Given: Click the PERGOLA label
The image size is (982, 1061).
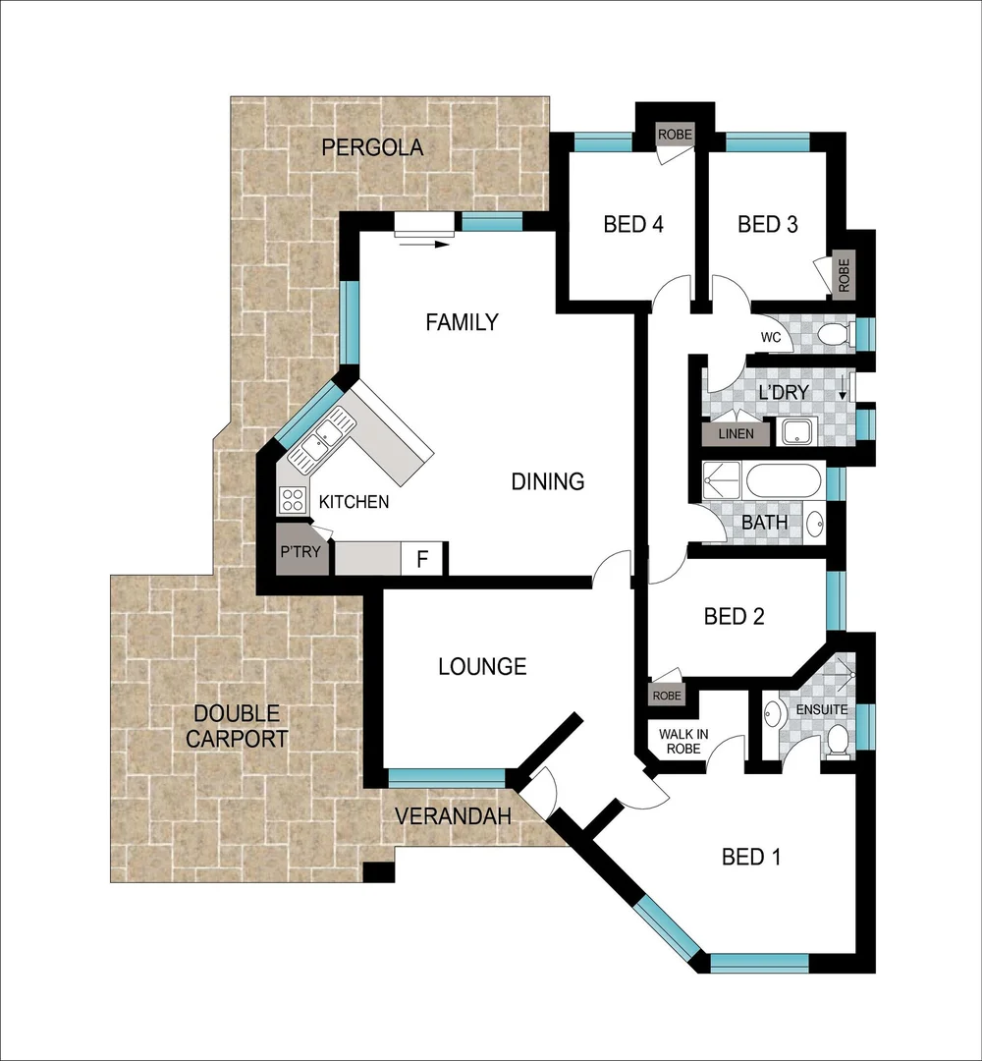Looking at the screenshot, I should [372, 147].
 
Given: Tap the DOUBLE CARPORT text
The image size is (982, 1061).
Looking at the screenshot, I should [237, 727].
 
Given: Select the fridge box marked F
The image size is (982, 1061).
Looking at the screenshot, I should [423, 560].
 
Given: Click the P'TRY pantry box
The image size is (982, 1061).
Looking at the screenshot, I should [300, 552].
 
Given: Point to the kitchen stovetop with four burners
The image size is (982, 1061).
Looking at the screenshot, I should [292, 500].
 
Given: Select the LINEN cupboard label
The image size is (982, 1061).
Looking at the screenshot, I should [736, 433].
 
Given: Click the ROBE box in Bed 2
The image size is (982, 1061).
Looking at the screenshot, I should [666, 695].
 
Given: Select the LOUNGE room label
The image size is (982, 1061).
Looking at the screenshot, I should [482, 667].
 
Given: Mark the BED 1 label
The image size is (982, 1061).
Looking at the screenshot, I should [751, 858].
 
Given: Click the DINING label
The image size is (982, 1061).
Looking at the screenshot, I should [548, 481].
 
